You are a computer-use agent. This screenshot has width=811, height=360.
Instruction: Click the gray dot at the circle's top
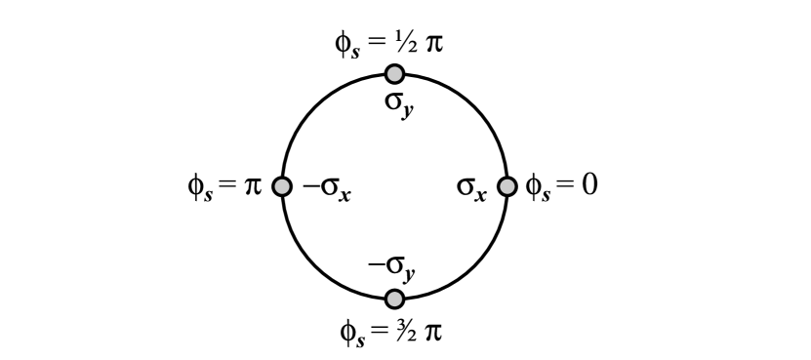click(x=394, y=73)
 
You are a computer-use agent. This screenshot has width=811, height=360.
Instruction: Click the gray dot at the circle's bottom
click(x=394, y=299)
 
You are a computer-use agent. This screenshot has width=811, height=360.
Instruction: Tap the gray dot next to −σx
click(x=282, y=185)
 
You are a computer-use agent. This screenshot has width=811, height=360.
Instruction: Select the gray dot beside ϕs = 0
click(x=507, y=185)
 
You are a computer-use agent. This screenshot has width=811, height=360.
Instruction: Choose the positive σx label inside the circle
click(x=470, y=186)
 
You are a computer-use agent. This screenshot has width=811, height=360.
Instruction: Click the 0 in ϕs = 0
click(x=588, y=183)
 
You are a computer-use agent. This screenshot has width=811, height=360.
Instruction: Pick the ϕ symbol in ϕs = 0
click(x=534, y=184)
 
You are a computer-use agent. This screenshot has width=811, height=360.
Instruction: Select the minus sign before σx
click(x=307, y=185)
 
